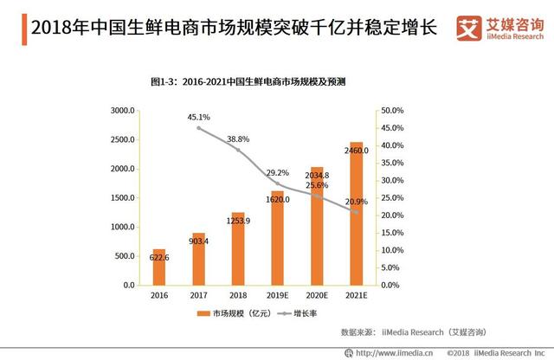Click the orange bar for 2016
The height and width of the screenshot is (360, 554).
[158, 267]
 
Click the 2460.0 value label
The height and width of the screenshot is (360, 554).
[356, 151]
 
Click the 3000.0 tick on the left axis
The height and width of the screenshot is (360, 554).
[119, 111]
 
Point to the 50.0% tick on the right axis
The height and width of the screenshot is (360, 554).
[394, 111]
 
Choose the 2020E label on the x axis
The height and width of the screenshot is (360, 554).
[316, 295]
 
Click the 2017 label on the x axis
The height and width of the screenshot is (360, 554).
[198, 295]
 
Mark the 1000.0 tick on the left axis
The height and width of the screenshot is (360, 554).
[119, 227]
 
